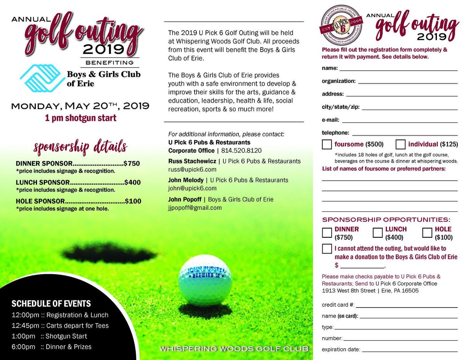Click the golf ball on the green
pyautogui.click(x=205, y=280)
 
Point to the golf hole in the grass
pyautogui.click(x=109, y=253)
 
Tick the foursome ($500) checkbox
pyautogui.click(x=327, y=144)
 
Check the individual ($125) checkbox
pyautogui.click(x=401, y=144)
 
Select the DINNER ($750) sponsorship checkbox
pyautogui.click(x=327, y=232)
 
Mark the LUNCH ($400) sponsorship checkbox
pyautogui.click(x=377, y=232)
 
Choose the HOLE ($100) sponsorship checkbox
pyautogui.click(x=427, y=232)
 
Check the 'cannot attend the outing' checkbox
pyautogui.click(x=327, y=249)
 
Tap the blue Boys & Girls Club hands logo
pyautogui.click(x=42, y=78)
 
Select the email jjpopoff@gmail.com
pyautogui.click(x=195, y=208)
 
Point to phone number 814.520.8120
pyautogui.click(x=241, y=151)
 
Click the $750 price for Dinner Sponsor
pyautogui.click(x=132, y=163)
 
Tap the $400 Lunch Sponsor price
pyautogui.click(x=132, y=182)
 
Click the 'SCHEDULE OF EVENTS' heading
pyautogui.click(x=51, y=304)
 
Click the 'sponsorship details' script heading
pyautogui.click(x=80, y=147)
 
